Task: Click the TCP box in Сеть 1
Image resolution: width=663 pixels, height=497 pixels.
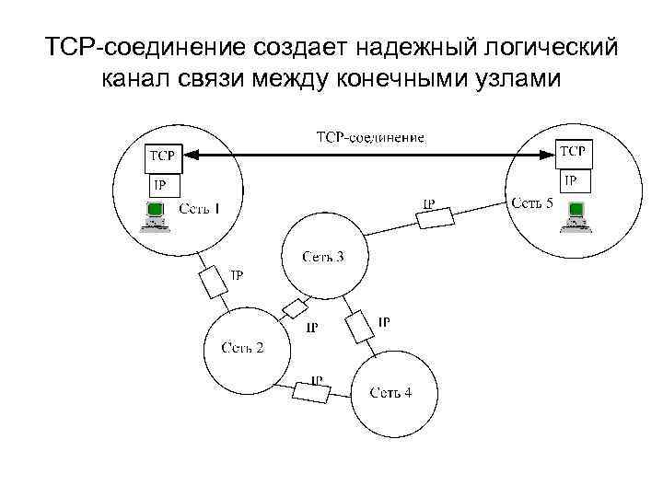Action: tap(162, 157)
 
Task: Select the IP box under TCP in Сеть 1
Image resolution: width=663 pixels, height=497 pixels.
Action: tap(160, 185)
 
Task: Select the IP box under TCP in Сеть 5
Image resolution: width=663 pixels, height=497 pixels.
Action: tap(572, 181)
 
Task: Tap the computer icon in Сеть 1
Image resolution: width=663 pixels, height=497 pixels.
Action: tap(153, 214)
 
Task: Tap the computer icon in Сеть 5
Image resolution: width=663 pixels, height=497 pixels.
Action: tap(576, 214)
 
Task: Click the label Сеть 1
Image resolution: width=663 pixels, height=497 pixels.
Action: tap(200, 209)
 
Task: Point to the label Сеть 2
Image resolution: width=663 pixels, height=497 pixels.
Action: tap(242, 347)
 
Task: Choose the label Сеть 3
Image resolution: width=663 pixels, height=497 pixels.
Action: tap(322, 256)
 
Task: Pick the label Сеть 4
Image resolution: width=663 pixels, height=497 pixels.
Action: tap(391, 393)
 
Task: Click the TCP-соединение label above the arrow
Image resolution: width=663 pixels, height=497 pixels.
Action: tap(370, 138)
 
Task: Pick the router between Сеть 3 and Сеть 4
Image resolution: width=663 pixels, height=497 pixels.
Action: tap(359, 327)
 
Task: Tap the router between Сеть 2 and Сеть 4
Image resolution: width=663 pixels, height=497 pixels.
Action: tap(311, 391)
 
